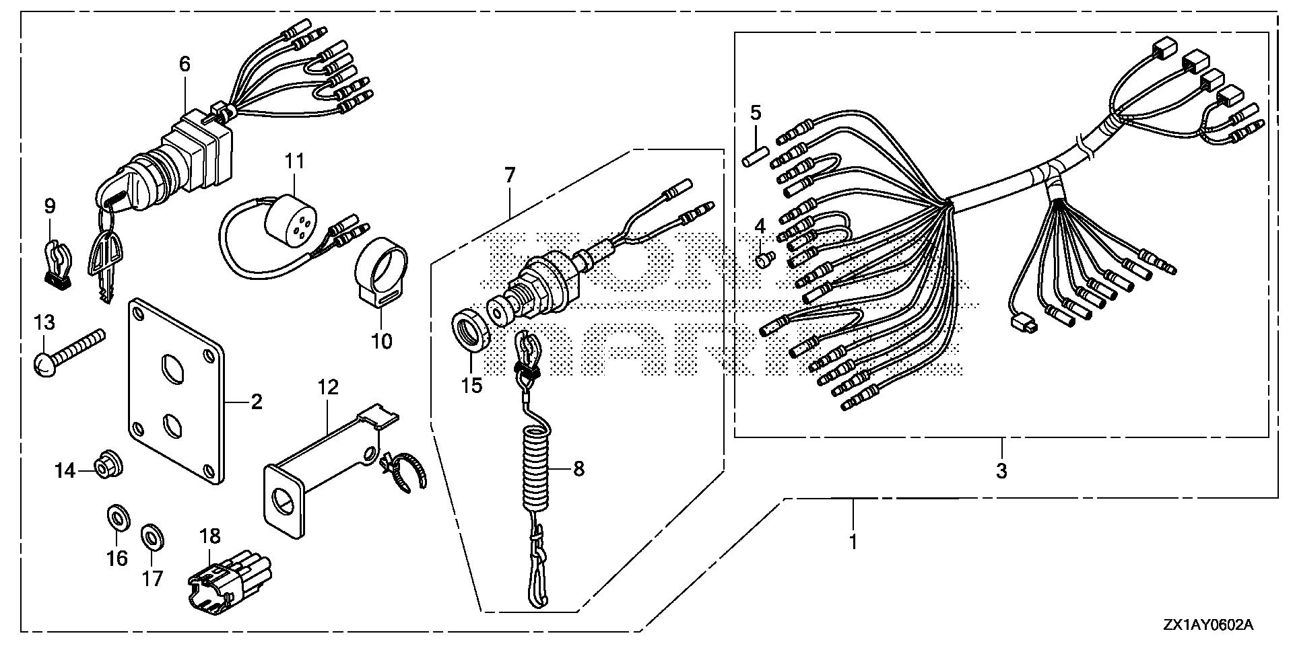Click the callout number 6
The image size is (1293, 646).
tap(185, 64)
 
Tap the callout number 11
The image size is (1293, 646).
tap(294, 161)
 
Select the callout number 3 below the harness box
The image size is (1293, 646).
tap(1001, 471)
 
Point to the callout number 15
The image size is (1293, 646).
tap(471, 386)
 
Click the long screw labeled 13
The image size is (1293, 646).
tap(67, 351)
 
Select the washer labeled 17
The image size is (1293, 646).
tap(152, 537)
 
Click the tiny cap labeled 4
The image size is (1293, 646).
tap(762, 259)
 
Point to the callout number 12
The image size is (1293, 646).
tap(328, 387)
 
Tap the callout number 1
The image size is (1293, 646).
tap(853, 541)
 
